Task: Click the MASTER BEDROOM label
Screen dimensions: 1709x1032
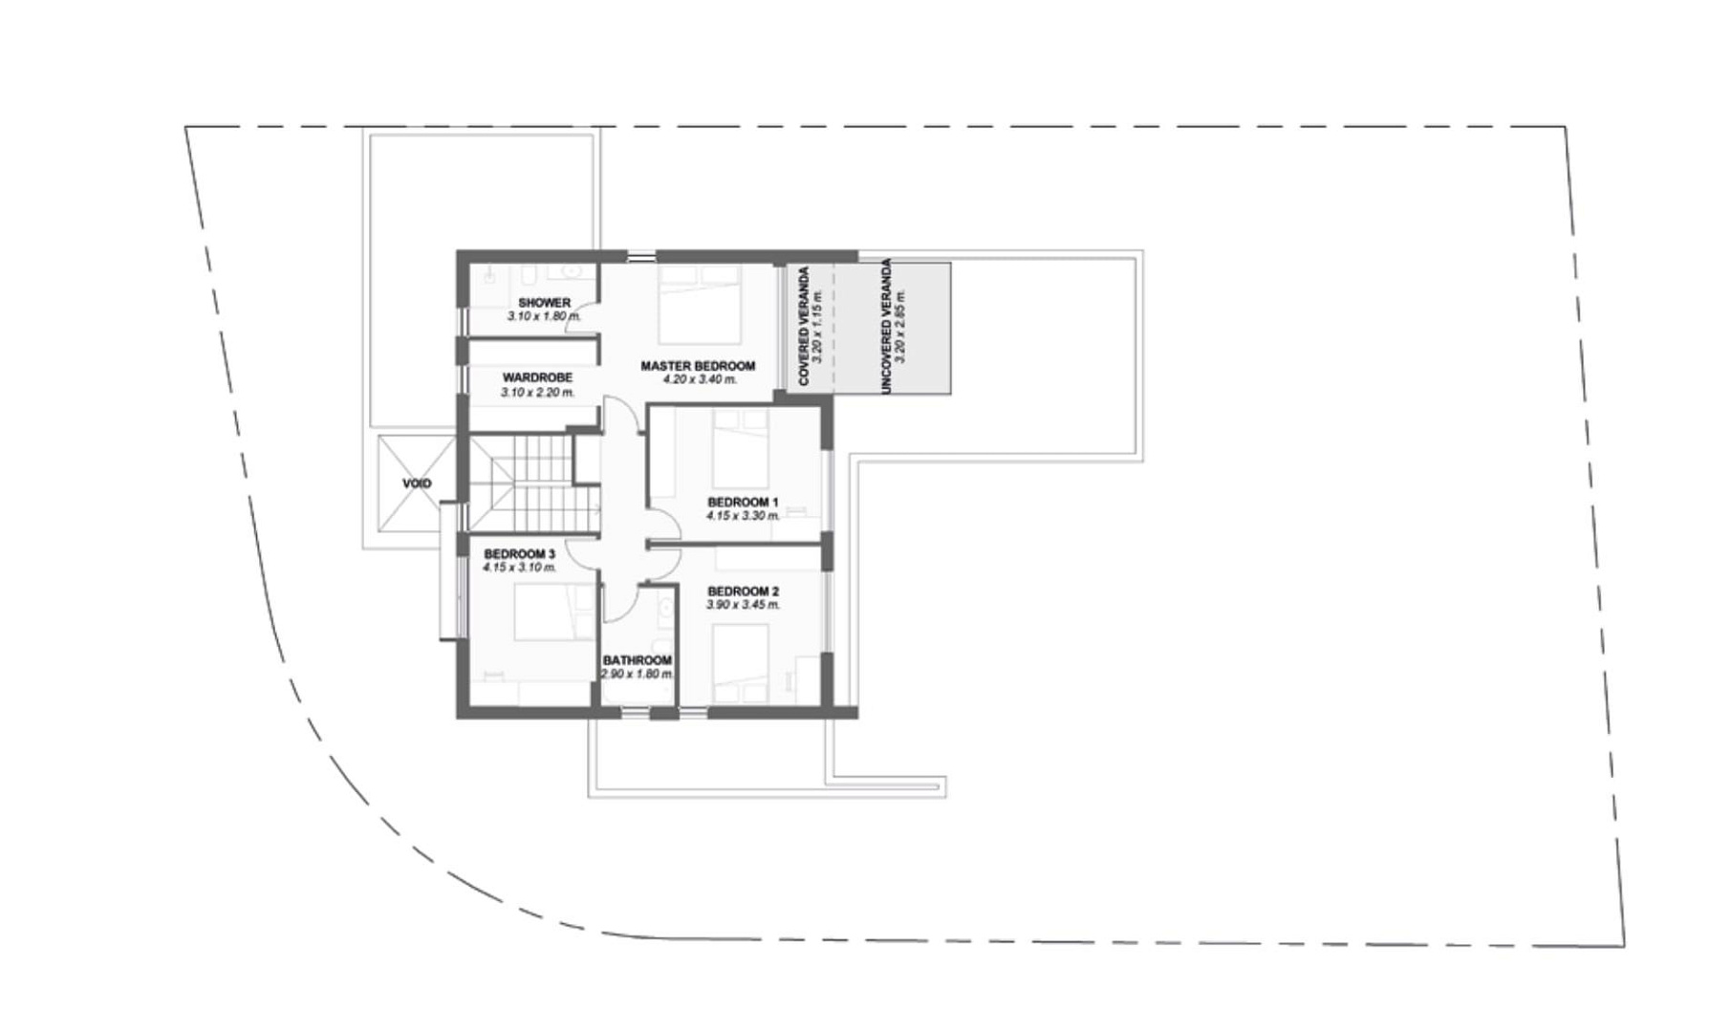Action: click(x=698, y=366)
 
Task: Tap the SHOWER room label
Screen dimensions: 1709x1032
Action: click(x=544, y=303)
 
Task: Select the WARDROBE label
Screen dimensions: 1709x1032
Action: click(x=537, y=378)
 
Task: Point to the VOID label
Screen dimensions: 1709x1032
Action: click(x=417, y=484)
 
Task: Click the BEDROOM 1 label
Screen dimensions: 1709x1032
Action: click(x=743, y=503)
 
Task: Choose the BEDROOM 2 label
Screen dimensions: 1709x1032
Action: click(x=743, y=591)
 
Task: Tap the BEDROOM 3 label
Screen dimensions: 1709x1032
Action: click(x=519, y=554)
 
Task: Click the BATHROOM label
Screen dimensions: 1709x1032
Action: click(x=638, y=660)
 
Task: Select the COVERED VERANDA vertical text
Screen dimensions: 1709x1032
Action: click(x=804, y=326)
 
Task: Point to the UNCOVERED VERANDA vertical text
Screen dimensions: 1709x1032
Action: click(x=887, y=326)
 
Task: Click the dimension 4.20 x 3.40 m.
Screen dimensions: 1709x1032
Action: click(x=700, y=379)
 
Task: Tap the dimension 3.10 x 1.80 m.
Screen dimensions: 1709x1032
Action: click(x=544, y=316)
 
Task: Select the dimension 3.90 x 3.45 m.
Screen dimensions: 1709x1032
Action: click(x=743, y=605)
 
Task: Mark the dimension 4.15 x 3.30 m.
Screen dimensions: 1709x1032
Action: click(x=743, y=516)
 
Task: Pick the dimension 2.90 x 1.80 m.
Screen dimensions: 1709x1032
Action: click(x=638, y=674)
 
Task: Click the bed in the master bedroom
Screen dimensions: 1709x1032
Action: click(x=700, y=303)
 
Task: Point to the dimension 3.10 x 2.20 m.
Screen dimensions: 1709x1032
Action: click(x=537, y=392)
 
